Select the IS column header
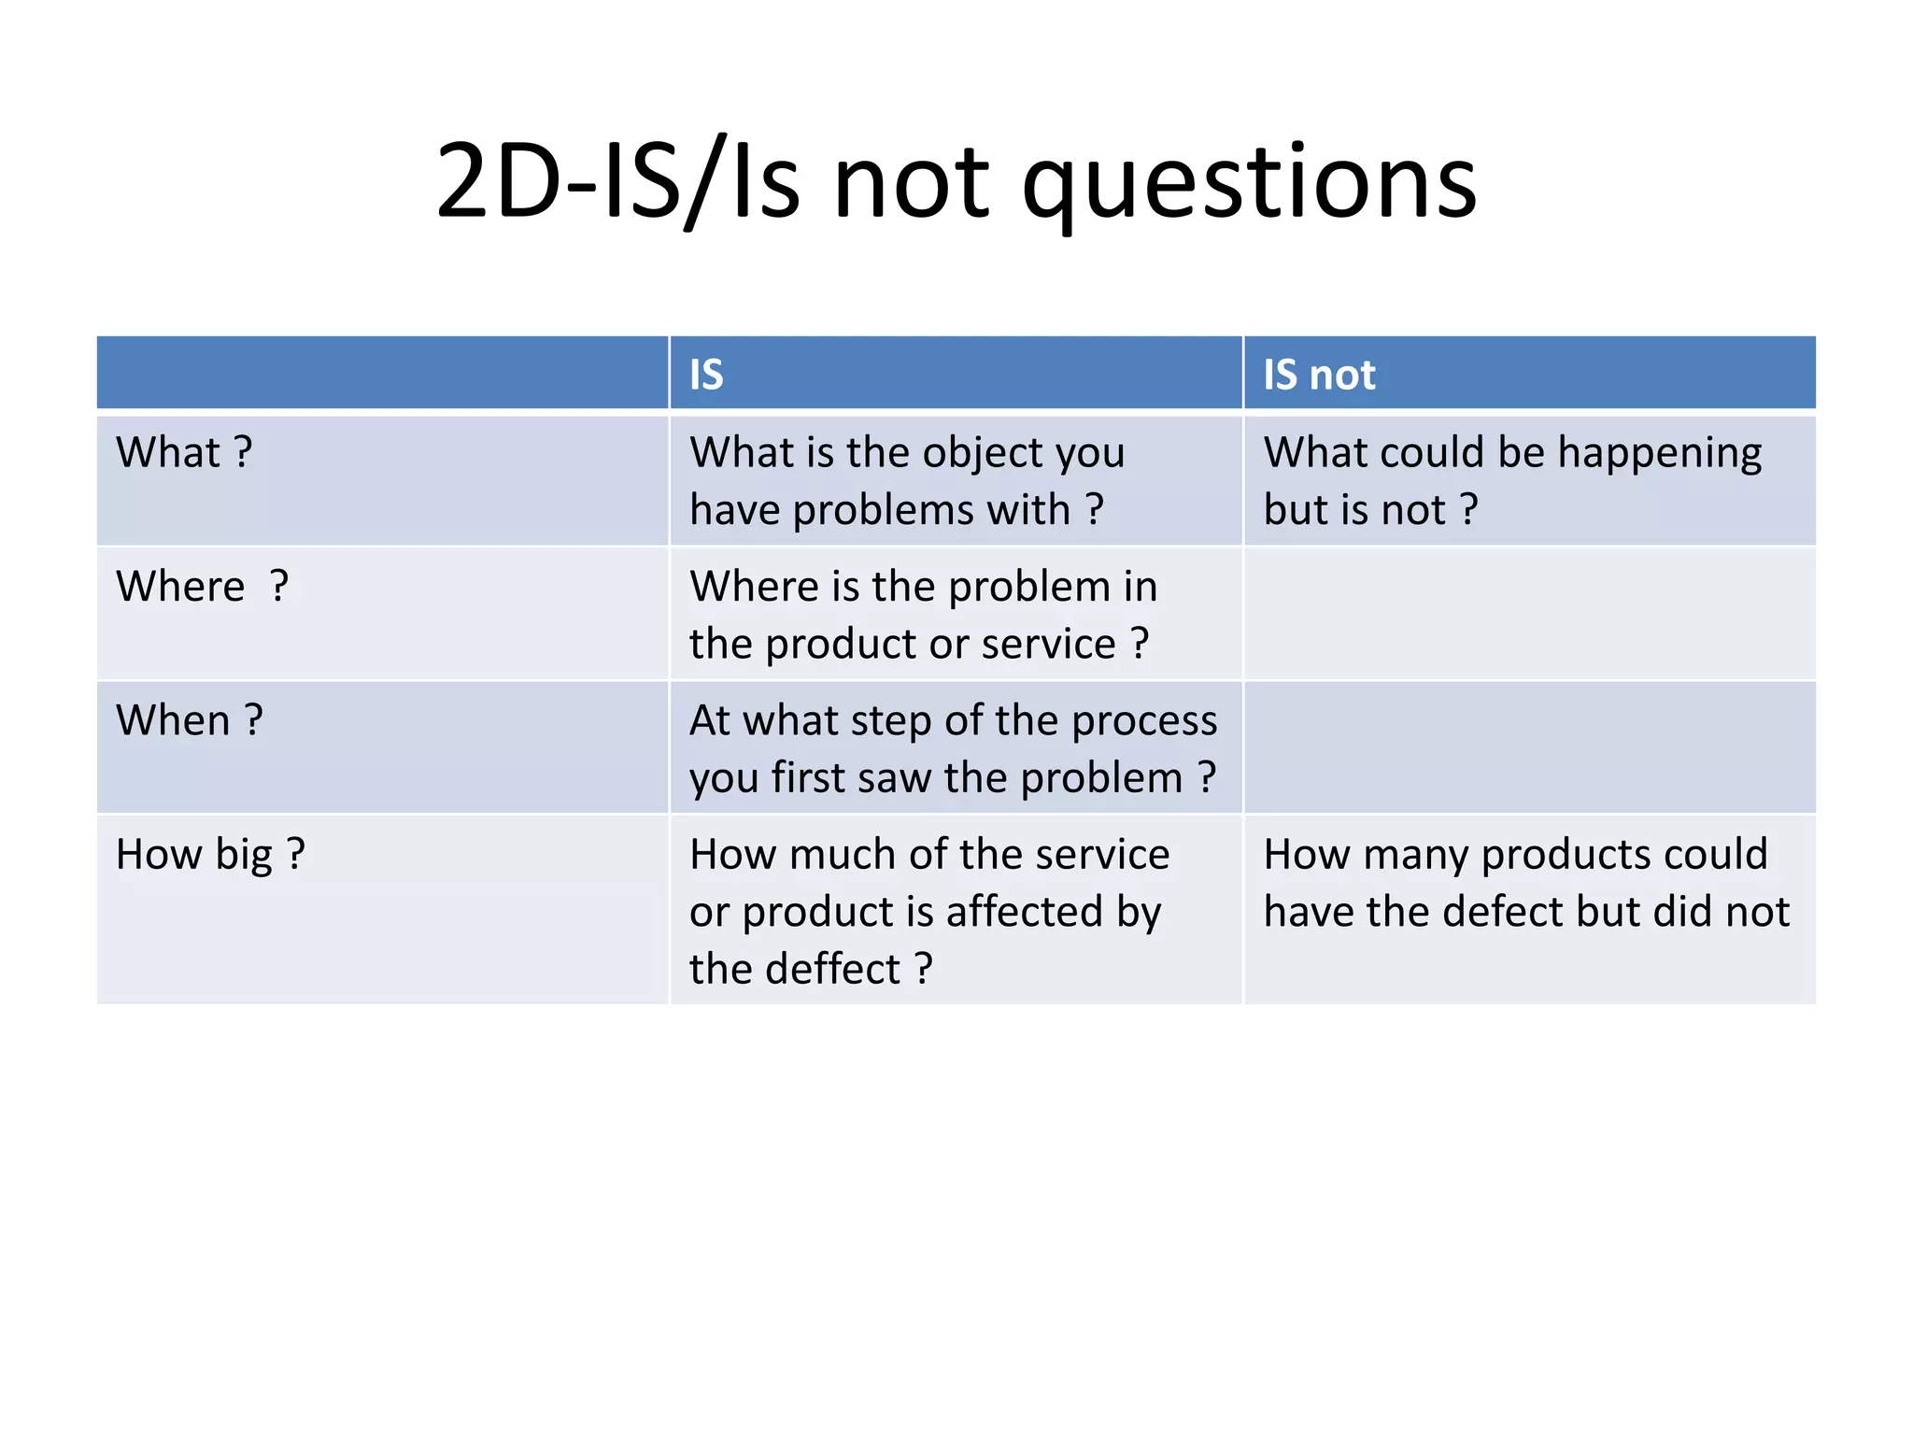coord(706,375)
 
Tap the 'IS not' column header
coord(1319,375)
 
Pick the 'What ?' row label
coord(184,452)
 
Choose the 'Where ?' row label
coord(202,587)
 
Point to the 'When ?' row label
coord(190,720)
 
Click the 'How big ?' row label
coord(210,854)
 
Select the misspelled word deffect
coord(832,969)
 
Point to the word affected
coord(1023,912)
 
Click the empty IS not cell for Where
coord(1529,614)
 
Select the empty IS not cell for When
coord(1529,747)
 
